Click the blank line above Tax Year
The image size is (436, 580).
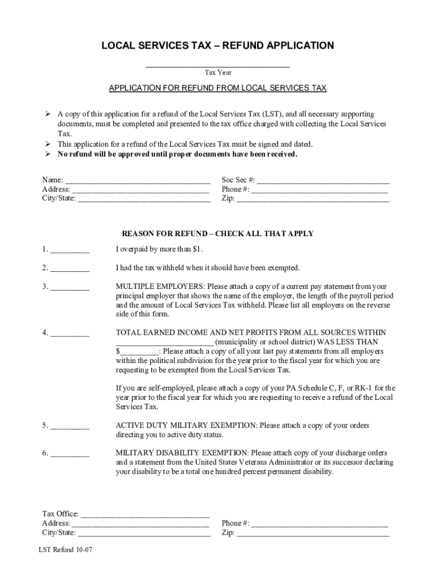pos(218,65)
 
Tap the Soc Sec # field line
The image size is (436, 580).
pos(323,181)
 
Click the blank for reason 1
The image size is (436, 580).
pos(69,250)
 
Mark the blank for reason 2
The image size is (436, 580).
pos(69,268)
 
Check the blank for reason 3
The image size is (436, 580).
pos(69,287)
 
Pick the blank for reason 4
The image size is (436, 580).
pos(69,333)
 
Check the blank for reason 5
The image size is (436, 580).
pos(69,427)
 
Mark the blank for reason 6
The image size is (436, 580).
pos(69,454)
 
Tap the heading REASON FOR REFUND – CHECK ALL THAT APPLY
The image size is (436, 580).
pos(218,234)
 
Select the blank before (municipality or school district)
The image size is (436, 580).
pos(164,342)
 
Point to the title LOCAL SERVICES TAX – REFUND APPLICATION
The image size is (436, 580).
pos(218,45)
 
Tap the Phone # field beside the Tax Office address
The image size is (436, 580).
pos(319,524)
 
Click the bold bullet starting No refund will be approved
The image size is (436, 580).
pos(177,154)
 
